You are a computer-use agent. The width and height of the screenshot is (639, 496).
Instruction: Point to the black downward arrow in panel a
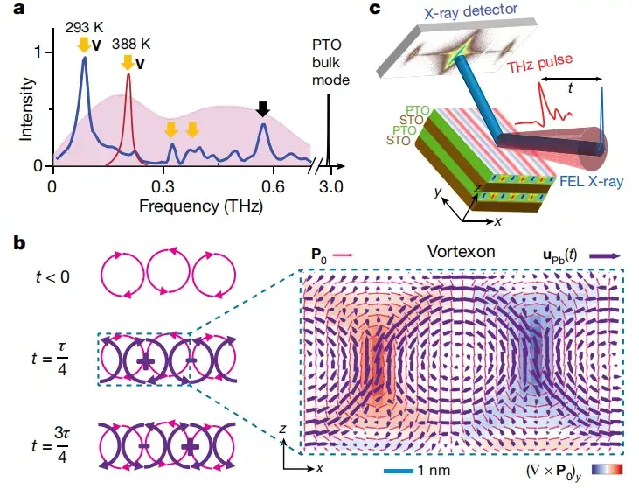263,109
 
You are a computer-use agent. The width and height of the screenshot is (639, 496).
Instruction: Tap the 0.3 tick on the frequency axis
163,186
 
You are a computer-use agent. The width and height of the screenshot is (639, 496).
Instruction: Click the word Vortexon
461,252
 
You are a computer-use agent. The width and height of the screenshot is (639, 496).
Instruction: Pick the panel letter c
375,10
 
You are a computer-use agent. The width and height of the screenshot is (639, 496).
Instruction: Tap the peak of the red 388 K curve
128,75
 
